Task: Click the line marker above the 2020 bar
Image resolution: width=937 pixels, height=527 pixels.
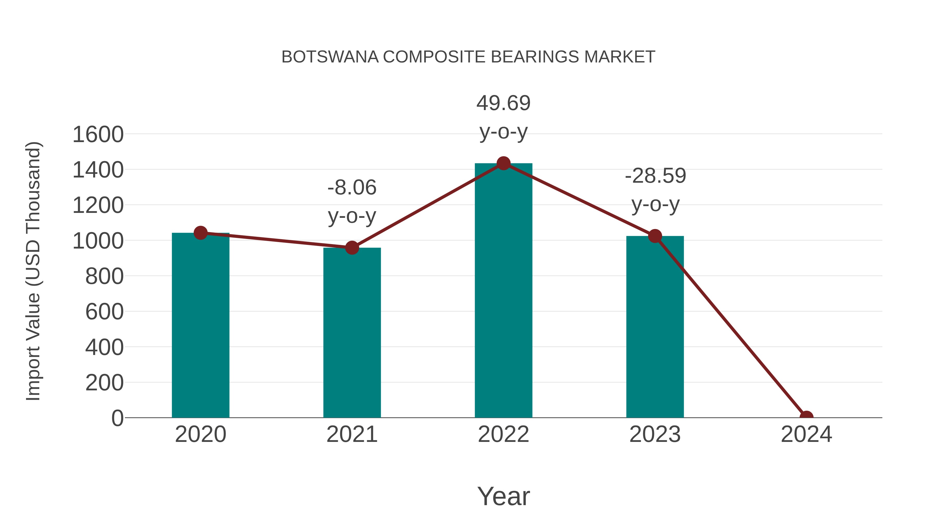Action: tap(200, 233)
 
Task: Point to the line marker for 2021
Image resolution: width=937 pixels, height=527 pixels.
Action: tap(352, 248)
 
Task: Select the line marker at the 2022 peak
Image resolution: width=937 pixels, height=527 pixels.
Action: tap(503, 163)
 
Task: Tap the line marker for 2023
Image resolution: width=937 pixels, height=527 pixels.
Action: tap(655, 236)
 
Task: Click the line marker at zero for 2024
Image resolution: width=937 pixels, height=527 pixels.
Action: tap(806, 417)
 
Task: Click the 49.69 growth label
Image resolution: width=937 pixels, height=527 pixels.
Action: tap(503, 103)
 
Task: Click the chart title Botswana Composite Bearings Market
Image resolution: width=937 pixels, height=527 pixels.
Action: tap(468, 57)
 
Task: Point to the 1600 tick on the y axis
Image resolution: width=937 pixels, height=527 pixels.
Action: tap(98, 135)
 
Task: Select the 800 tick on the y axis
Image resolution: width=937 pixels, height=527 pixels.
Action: tap(104, 276)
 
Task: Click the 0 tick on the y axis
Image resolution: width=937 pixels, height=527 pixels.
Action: tap(117, 418)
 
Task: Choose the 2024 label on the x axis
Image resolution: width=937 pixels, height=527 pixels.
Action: tap(806, 434)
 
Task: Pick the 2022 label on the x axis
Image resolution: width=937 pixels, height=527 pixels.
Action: tap(503, 434)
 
